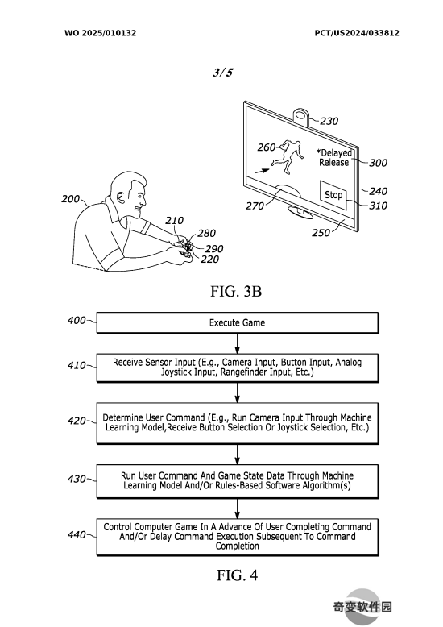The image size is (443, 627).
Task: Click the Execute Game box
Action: point(238,322)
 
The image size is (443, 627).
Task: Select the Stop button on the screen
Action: point(333,195)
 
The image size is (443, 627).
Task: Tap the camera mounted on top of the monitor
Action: point(301,116)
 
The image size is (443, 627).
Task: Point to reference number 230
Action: point(329,121)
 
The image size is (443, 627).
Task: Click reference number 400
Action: point(77,320)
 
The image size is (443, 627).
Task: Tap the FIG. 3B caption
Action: point(236,291)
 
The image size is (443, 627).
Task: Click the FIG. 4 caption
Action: point(237,575)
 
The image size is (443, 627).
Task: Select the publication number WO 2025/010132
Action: point(101,33)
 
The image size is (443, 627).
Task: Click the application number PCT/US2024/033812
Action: point(357,33)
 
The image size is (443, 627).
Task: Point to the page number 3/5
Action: point(222,73)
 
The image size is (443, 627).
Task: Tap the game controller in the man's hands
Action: point(184,248)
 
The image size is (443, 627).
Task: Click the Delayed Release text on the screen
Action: point(334,157)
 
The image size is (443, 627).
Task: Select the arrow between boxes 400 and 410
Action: point(238,343)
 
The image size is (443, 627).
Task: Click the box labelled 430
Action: point(238,481)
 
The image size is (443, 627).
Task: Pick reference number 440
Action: point(77,534)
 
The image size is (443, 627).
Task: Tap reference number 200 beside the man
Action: point(70,199)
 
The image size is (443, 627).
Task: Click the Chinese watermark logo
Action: point(362,607)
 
